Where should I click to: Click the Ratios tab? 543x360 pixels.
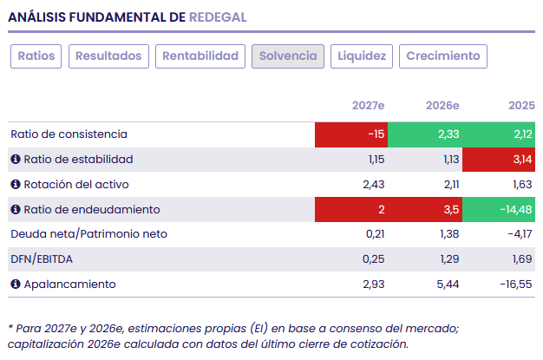(36, 56)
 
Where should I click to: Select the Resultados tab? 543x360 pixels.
(108, 56)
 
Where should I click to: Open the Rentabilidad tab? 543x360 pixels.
(200, 56)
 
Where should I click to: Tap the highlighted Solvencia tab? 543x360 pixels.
(288, 56)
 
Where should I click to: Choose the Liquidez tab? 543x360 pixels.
(362, 56)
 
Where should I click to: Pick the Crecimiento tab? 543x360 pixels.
(443, 56)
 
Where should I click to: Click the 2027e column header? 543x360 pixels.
(368, 105)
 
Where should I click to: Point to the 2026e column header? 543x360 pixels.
(442, 105)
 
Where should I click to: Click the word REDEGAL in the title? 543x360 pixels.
(218, 17)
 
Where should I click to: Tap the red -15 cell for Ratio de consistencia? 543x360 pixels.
(351, 134)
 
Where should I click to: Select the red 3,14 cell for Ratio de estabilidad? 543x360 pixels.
(499, 160)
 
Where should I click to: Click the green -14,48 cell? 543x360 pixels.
(499, 209)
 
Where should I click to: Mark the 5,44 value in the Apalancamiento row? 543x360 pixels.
(448, 285)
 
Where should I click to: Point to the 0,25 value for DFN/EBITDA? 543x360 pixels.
(373, 259)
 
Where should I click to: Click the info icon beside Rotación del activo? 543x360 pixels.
(16, 184)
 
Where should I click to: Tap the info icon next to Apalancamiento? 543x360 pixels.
(16, 285)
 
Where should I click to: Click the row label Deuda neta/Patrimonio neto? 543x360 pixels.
(89, 234)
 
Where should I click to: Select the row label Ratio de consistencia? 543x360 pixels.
(69, 134)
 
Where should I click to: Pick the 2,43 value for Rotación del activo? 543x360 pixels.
(374, 185)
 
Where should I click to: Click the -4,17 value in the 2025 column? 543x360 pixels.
(520, 234)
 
